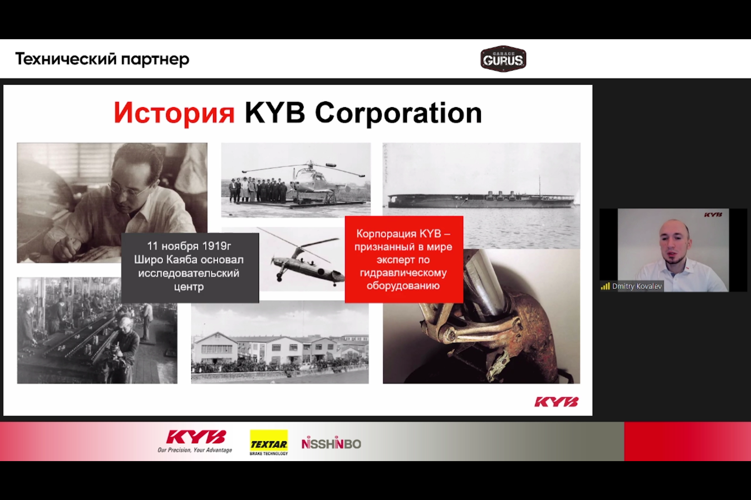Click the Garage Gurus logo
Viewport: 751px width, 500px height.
click(x=503, y=59)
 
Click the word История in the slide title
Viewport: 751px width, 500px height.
click(x=174, y=113)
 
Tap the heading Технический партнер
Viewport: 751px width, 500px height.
click(x=102, y=59)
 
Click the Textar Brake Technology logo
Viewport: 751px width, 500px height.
click(x=269, y=443)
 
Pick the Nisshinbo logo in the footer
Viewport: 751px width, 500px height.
click(x=331, y=443)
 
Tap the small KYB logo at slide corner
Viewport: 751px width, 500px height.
click(x=556, y=402)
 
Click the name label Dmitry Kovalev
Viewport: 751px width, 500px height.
click(x=637, y=286)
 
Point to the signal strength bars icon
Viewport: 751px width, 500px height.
click(x=605, y=286)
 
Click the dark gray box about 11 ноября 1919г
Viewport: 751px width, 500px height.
click(x=190, y=268)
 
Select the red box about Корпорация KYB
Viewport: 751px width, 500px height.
click(x=404, y=259)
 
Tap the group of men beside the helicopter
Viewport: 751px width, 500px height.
click(x=258, y=190)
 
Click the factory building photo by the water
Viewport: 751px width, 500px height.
click(x=280, y=344)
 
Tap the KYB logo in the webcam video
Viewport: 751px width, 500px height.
click(x=713, y=215)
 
